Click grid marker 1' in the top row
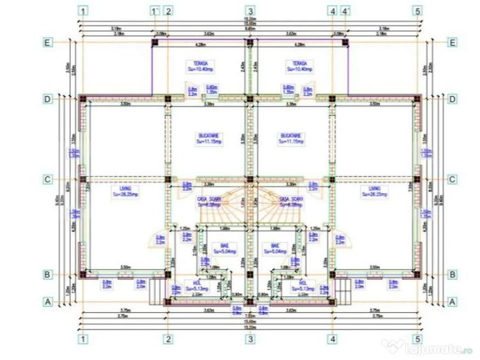[153, 11]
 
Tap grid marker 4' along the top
[346, 11]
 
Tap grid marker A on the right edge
[452, 301]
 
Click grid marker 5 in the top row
[417, 11]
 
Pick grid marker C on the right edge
[452, 180]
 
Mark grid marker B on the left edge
[47, 275]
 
